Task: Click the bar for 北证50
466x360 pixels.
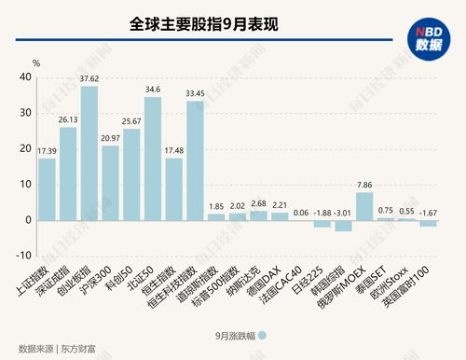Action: [153, 159]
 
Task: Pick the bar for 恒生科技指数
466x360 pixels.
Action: [195, 161]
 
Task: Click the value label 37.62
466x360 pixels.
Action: [89, 79]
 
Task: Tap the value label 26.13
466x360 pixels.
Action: [68, 119]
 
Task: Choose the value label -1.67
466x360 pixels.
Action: [430, 213]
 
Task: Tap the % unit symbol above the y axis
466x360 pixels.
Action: [36, 62]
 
